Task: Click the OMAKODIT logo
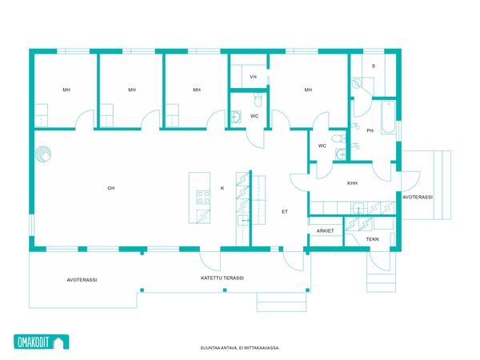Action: (42, 342)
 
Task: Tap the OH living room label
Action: (111, 188)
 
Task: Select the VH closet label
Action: (253, 77)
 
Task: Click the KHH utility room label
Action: (352, 183)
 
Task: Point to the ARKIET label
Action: (325, 231)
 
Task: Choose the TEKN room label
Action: (372, 239)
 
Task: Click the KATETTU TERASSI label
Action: (222, 278)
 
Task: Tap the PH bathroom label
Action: (370, 130)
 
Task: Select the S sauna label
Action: (373, 66)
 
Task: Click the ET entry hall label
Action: (285, 211)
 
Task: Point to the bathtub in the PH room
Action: (389, 118)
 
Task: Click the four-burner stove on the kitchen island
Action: (203, 197)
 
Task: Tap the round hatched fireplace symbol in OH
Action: (43, 154)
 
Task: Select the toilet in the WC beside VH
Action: (258, 100)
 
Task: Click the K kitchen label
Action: (222, 188)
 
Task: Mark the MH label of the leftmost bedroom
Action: (66, 90)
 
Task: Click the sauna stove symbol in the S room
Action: (357, 83)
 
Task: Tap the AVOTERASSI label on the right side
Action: (418, 197)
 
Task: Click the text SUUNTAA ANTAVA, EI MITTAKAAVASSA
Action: (239, 348)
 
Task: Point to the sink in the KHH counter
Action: (358, 208)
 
